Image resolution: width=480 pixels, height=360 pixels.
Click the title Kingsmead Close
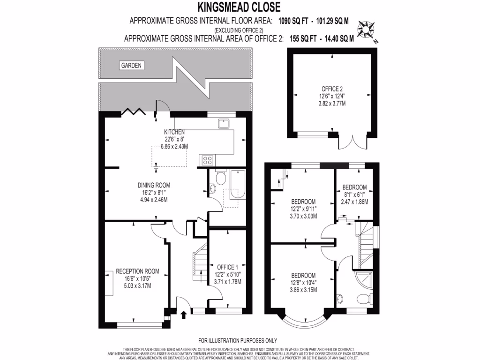pos(239,7)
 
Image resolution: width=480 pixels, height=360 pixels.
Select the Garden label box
pos(131,65)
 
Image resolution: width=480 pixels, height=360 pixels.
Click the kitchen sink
pos(223,123)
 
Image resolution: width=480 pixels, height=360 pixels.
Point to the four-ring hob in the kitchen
pos(207,160)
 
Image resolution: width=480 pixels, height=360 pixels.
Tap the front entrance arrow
pos(183,312)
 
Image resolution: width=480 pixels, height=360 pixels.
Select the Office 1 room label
pos(227,267)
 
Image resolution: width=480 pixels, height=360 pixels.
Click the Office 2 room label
pos(332,89)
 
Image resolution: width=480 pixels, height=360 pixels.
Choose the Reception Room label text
pos(137,271)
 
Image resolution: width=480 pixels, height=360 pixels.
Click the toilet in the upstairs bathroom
pos(364,298)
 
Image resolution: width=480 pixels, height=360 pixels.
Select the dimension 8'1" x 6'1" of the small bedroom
pos(354,195)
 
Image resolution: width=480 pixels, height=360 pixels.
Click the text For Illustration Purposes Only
pos(238,340)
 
